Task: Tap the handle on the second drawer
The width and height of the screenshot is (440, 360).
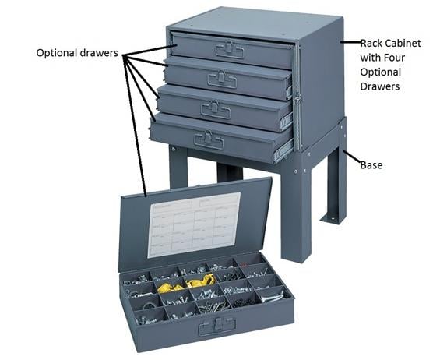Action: pos(223,79)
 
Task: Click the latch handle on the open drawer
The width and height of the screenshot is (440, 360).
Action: pos(212,328)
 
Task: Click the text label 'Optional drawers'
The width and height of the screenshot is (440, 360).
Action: pos(77,53)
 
